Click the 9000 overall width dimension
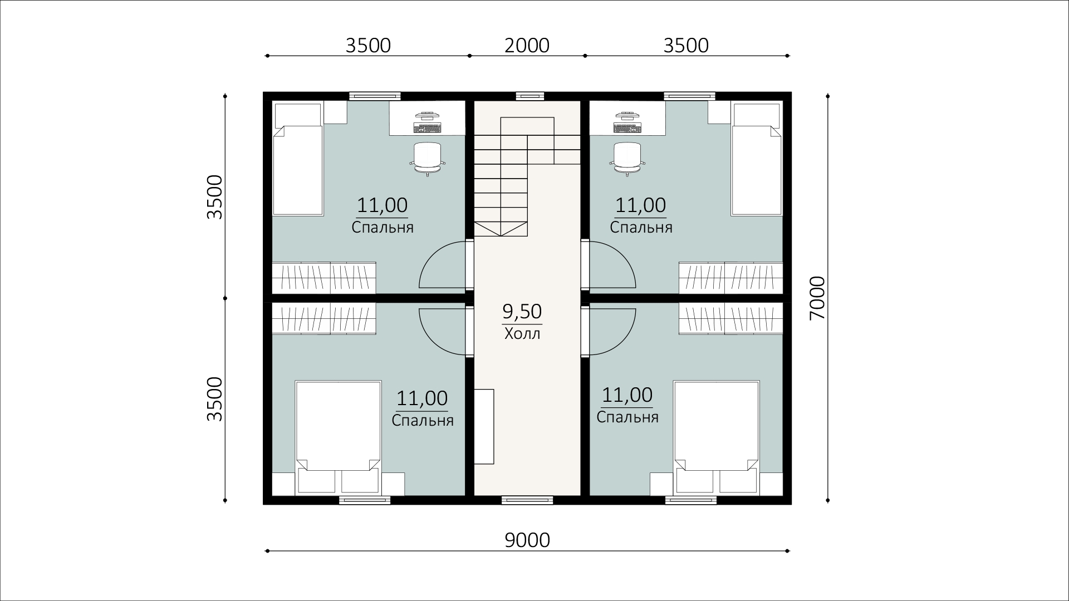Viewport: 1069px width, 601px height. click(x=527, y=540)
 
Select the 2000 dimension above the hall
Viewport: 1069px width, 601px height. click(x=527, y=45)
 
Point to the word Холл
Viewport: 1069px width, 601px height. click(x=522, y=334)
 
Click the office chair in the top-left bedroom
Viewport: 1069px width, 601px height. click(x=428, y=157)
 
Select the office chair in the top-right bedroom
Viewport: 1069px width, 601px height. click(x=628, y=157)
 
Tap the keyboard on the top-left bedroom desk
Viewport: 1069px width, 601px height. click(x=427, y=127)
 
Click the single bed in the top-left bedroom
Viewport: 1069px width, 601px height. click(x=298, y=159)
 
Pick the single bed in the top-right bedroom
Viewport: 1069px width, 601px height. click(x=757, y=159)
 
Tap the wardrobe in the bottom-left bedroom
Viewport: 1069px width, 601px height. click(x=324, y=318)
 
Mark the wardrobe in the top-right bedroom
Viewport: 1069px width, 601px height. click(x=731, y=278)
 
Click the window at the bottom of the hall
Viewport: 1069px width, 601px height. click(x=527, y=500)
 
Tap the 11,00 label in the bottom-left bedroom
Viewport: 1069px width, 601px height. click(x=422, y=398)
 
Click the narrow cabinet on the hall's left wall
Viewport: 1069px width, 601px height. click(x=484, y=426)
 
